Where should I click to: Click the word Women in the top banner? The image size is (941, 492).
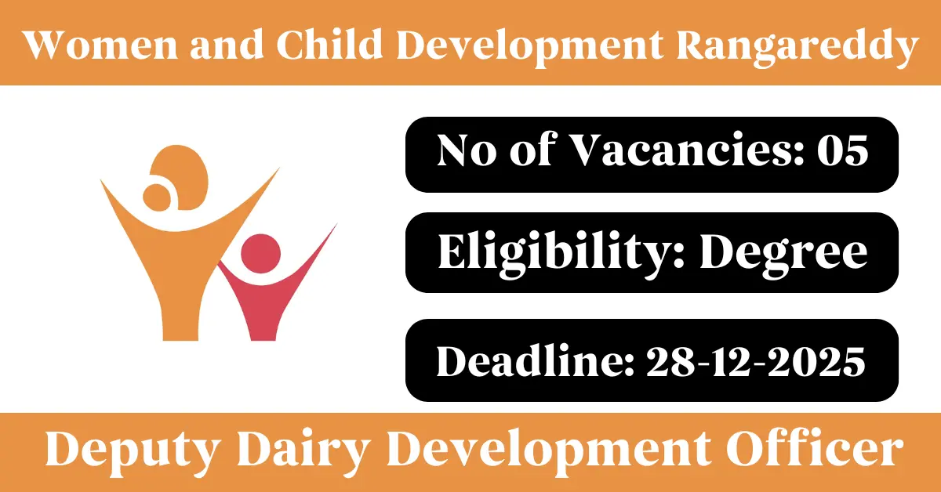101,45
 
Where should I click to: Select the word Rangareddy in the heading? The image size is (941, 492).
797,49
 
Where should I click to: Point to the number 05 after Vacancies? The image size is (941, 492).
842,150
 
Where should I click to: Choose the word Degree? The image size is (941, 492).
784,254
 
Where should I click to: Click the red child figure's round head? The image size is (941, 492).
260,254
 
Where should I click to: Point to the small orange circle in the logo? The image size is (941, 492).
156,197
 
